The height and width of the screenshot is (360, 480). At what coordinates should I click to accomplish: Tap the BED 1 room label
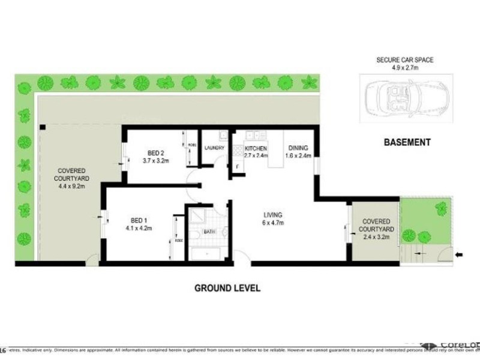tap(139, 220)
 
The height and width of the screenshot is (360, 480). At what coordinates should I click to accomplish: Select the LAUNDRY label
tap(214, 148)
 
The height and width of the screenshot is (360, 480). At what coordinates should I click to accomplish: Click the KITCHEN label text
tap(255, 148)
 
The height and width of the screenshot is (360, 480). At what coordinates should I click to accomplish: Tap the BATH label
tap(209, 231)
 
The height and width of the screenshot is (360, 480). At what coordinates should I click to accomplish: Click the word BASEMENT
tap(407, 142)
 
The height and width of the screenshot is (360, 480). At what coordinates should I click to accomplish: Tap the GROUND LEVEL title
tap(227, 288)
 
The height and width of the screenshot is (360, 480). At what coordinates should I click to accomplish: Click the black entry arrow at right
tap(459, 255)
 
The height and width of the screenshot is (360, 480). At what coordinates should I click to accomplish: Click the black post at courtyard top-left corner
tap(43, 127)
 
